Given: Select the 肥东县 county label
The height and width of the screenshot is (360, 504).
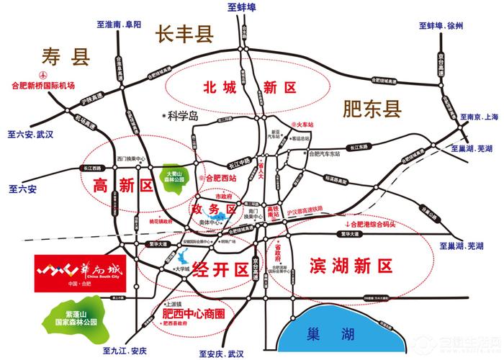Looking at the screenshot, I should [x=372, y=109].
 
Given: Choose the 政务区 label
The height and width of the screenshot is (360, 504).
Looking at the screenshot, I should [x=214, y=209].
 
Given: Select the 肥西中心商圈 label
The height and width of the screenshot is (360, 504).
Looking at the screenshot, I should [x=194, y=315].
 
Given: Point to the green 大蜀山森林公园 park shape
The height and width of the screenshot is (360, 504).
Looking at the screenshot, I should [x=176, y=174].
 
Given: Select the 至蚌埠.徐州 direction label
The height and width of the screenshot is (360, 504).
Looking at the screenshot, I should [x=441, y=25].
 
